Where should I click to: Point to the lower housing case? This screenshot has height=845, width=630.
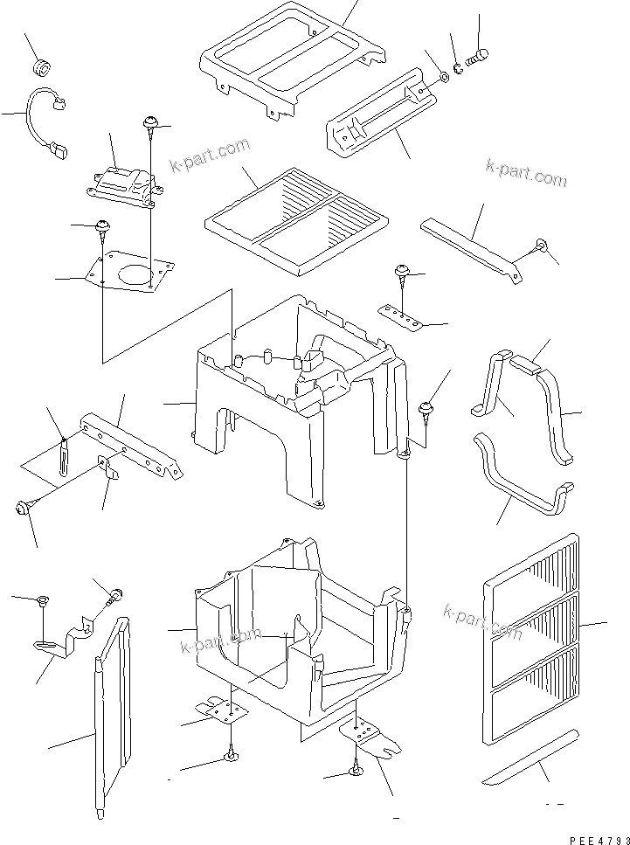click(x=297, y=629)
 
